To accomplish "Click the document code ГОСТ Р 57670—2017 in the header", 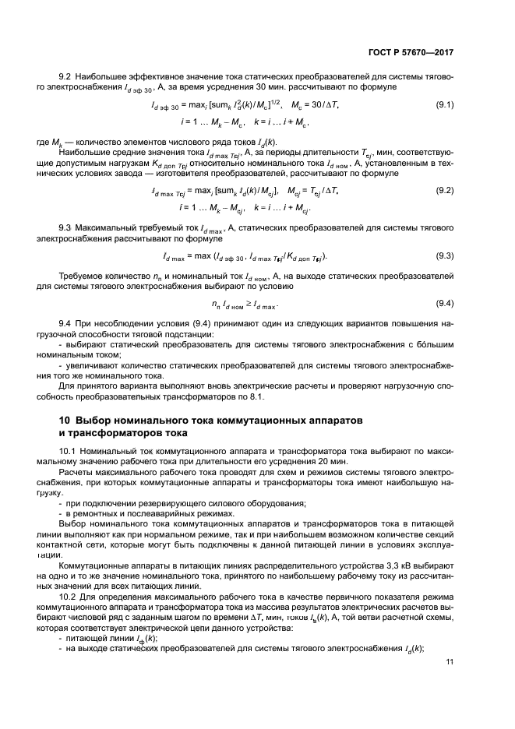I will tap(411, 53).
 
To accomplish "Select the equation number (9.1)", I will tap(445, 104).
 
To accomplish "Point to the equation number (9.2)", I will tap(445, 191).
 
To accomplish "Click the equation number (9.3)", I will tap(445, 255).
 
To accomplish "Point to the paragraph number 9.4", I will tap(65, 322).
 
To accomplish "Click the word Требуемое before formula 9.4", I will tap(83, 276).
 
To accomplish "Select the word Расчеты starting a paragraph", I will tap(76, 472).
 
